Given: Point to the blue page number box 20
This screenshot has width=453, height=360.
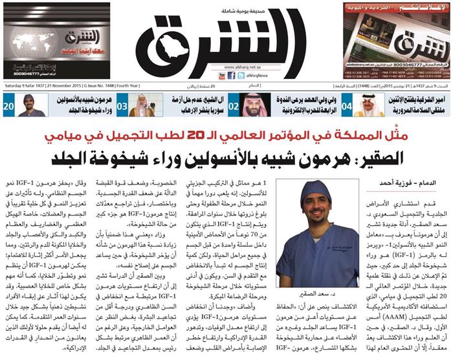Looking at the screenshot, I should [x=10, y=104].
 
